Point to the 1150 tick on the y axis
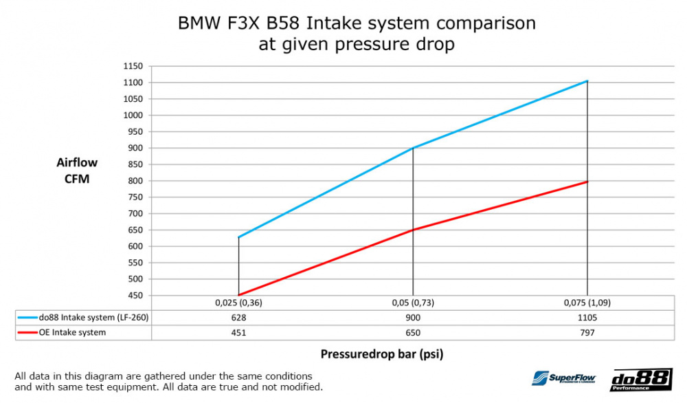133,66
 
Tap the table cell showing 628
238,318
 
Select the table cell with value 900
412,318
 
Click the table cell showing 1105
587,318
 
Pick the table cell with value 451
238,333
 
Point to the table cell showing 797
587,333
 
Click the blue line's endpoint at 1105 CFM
587,81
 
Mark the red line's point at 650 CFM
412,230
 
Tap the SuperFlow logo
563,378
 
